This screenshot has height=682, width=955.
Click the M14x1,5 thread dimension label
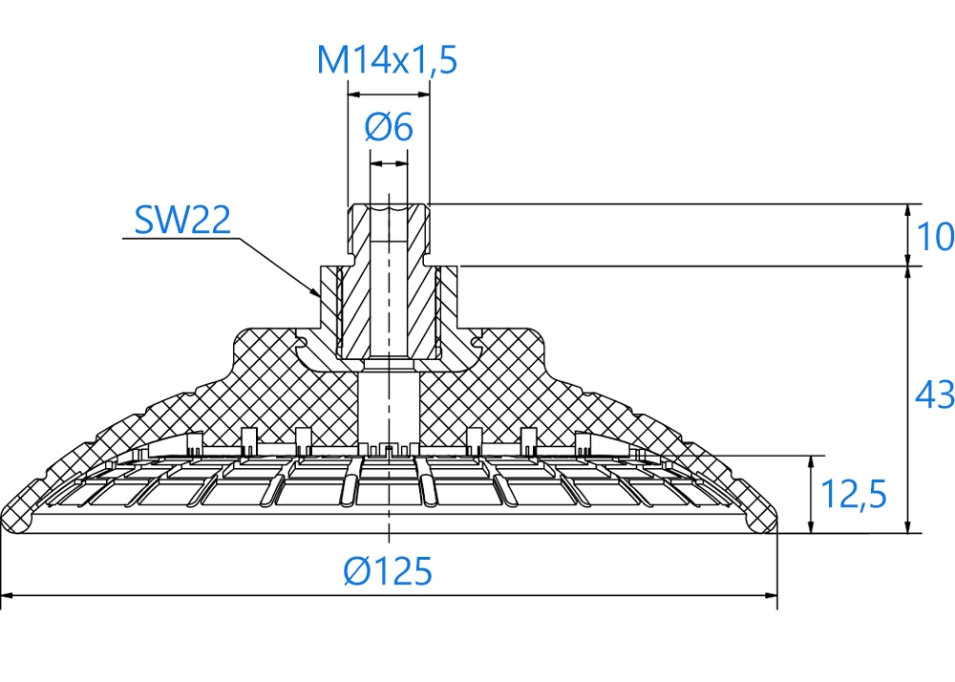point(387,60)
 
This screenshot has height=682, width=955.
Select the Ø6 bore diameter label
point(389,127)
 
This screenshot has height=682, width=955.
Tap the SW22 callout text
point(182,220)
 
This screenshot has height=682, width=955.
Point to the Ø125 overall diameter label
point(388,571)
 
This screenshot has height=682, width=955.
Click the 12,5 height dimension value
point(853,494)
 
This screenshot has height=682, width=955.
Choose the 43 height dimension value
point(934,394)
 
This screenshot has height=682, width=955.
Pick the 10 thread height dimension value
point(935,236)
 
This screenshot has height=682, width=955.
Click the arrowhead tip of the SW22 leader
point(320,297)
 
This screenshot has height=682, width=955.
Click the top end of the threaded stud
point(389,206)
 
